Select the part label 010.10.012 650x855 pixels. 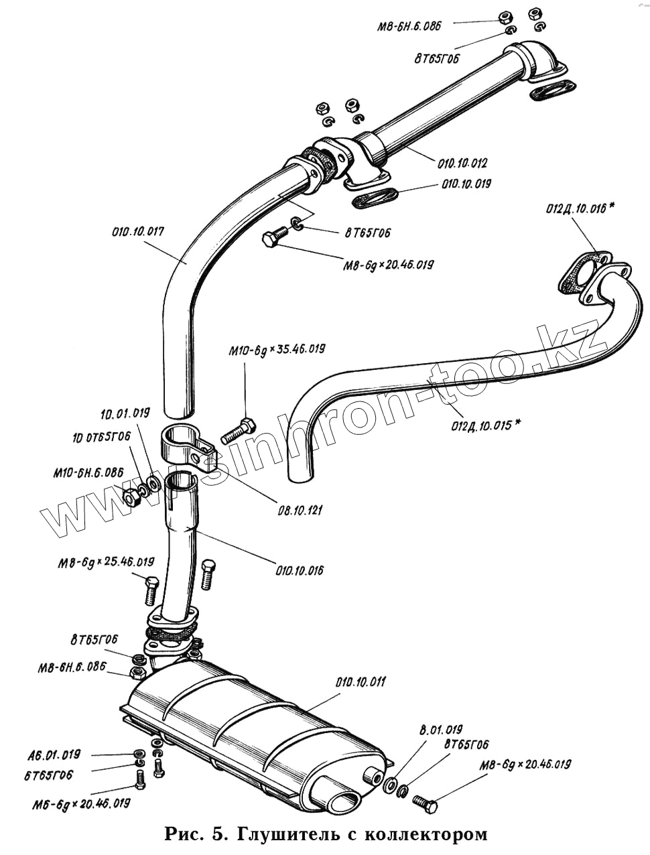[462, 163]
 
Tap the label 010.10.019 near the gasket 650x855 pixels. [466, 183]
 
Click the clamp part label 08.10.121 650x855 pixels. [300, 510]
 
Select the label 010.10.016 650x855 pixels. [299, 570]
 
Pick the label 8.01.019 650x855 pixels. [441, 729]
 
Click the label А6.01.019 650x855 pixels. [54, 754]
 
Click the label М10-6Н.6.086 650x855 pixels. [88, 472]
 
